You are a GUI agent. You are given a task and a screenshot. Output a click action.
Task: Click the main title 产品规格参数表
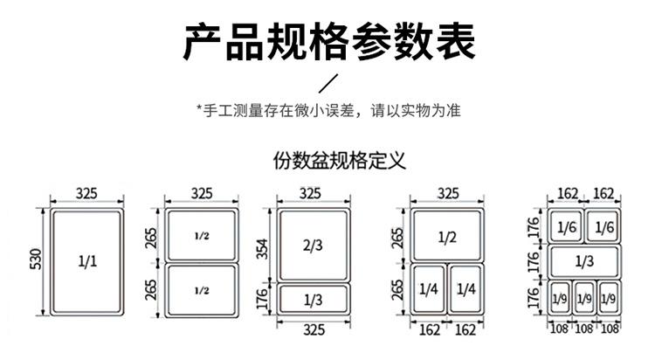pos(329,42)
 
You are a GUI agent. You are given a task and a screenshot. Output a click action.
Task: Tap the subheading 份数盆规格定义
pos(339,161)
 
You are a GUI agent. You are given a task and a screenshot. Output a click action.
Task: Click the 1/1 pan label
pos(87,261)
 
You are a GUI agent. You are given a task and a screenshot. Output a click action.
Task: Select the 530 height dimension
pos(37,260)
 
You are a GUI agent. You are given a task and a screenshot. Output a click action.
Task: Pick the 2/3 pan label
pos(313,245)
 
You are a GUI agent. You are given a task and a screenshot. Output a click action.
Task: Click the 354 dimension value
pos(262,249)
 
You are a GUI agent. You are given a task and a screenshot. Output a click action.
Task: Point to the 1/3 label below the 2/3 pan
pos(313,300)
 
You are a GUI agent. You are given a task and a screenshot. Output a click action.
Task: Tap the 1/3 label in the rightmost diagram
pos(584,261)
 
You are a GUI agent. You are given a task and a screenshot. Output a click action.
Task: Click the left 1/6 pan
pos(567,226)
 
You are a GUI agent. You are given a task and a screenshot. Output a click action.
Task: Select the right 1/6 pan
pos(603,226)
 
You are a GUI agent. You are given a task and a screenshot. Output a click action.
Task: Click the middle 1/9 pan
pos(584,298)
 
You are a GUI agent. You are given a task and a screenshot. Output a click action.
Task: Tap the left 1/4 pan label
pos(429,289)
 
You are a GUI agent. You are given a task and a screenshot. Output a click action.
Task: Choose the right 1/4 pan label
pos(466,289)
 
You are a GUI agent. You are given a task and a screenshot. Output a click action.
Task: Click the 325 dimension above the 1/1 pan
pos(86,194)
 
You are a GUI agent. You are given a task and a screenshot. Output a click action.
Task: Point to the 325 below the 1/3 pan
pos(314,330)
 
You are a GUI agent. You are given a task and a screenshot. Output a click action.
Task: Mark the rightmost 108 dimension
pos(610,329)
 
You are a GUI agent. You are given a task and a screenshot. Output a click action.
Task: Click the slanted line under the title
pos(328,83)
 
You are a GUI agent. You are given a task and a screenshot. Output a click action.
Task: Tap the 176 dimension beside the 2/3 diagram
pos(262,299)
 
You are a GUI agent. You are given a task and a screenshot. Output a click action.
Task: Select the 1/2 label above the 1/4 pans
pos(447,238)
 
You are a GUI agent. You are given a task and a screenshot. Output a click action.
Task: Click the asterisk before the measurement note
pos(199,107)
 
